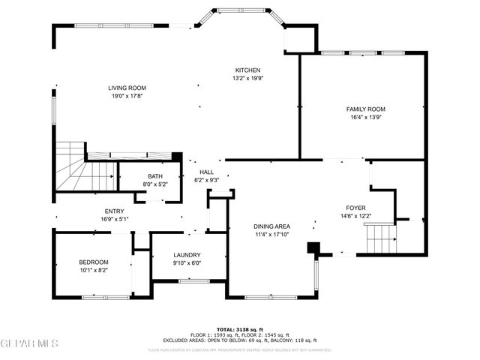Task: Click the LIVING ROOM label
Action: tap(127, 88)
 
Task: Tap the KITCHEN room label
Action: tap(247, 69)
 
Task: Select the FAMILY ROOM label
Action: tap(367, 109)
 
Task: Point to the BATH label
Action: tap(154, 176)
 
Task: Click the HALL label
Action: tap(207, 172)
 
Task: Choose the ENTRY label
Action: tap(115, 211)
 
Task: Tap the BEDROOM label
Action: tap(94, 262)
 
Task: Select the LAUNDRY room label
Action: tap(187, 255)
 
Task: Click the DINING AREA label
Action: tap(271, 226)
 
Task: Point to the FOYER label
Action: tap(355, 208)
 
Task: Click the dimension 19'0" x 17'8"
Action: tap(127, 96)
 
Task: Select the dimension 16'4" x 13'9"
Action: tap(367, 117)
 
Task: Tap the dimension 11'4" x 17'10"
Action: tap(271, 234)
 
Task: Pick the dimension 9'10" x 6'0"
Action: tap(187, 263)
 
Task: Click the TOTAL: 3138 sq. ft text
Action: tap(240, 328)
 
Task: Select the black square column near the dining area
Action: tap(314, 247)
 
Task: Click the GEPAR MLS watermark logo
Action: tap(29, 343)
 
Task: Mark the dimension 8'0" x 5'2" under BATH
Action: tap(154, 184)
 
